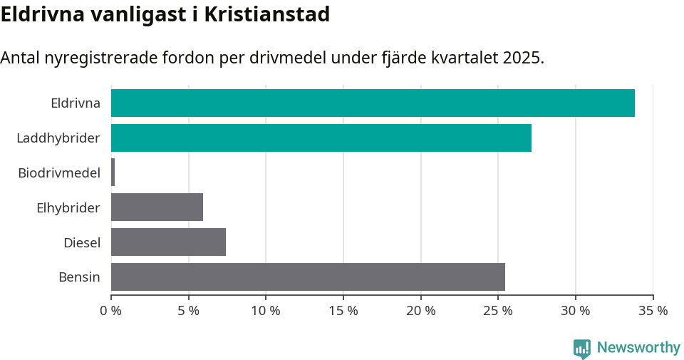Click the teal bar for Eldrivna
click(x=373, y=103)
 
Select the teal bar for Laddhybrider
click(x=321, y=138)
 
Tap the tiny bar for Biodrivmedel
click(x=113, y=173)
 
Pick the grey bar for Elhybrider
click(x=157, y=207)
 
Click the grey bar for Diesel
click(x=168, y=242)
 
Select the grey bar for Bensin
click(x=308, y=277)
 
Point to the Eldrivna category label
click(x=75, y=103)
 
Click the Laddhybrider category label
click(x=58, y=138)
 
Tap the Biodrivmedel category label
click(x=58, y=173)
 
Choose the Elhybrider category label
click(x=68, y=207)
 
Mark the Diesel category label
click(x=81, y=242)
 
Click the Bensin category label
click(x=79, y=277)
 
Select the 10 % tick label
click(x=266, y=311)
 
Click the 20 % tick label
click(x=421, y=311)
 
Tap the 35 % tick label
click(x=653, y=311)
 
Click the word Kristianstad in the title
click(x=267, y=14)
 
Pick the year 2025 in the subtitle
click(x=522, y=58)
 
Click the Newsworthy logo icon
click(x=582, y=348)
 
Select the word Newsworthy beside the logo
click(x=638, y=348)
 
